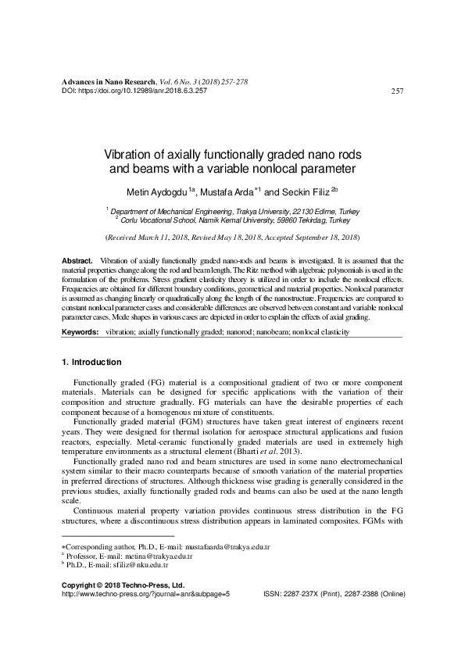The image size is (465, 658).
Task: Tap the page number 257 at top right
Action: (396, 91)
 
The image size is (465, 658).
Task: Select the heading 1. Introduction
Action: (91, 363)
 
